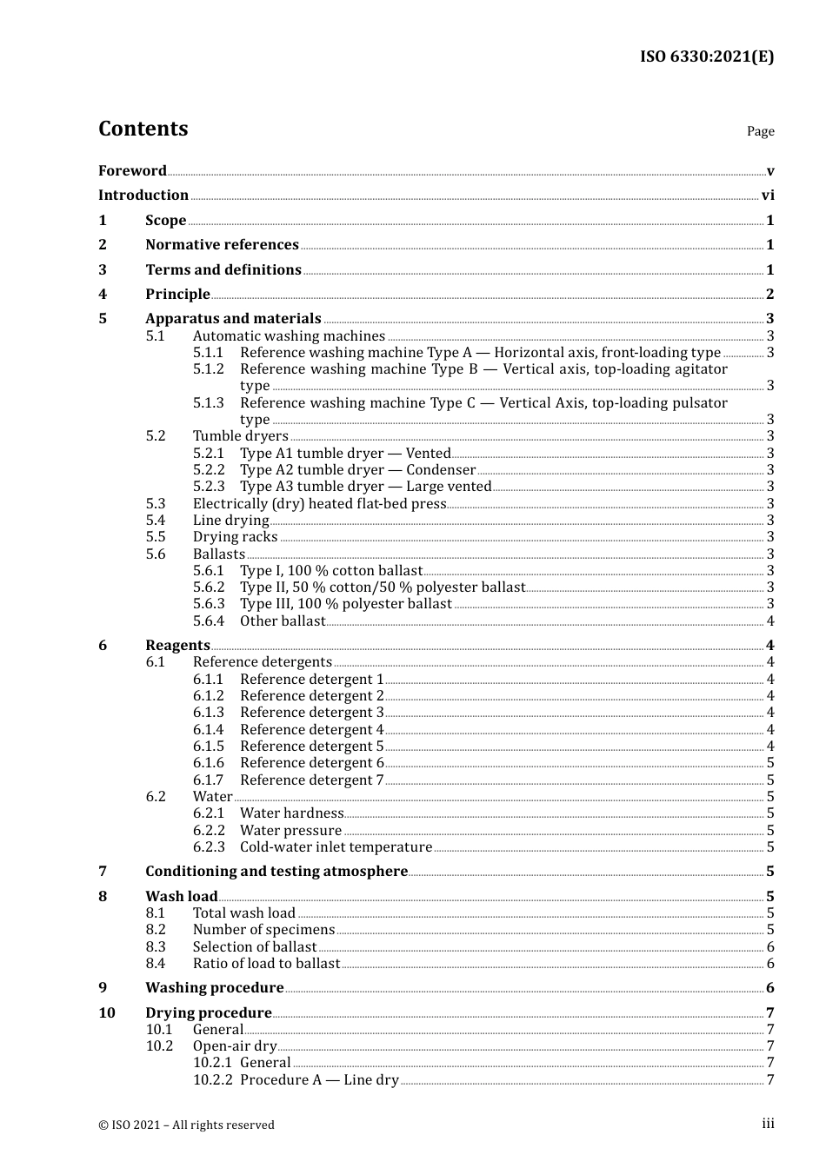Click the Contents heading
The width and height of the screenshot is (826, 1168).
[143, 129]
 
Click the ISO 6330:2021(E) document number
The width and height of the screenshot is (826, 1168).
[706, 56]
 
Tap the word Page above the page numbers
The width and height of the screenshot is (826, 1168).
[760, 131]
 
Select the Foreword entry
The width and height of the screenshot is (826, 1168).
[132, 170]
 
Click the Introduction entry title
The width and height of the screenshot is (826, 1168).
[143, 195]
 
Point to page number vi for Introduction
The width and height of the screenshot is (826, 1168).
[768, 195]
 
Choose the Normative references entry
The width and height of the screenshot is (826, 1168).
[222, 244]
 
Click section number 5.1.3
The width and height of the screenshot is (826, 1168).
[208, 402]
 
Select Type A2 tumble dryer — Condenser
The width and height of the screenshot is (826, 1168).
[357, 469]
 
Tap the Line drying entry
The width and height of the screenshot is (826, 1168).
[230, 520]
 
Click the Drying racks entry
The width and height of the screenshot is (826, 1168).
[235, 536]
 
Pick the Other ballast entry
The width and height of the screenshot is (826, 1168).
[283, 620]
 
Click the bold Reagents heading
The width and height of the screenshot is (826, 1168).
[177, 645]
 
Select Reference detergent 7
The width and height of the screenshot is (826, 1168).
[311, 780]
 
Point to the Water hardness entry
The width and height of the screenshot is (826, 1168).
[291, 813]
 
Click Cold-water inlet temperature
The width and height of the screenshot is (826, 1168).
[336, 846]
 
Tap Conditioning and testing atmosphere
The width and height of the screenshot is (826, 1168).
[276, 871]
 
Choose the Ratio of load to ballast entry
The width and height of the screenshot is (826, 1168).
[266, 963]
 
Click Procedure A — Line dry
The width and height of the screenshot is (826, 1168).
[319, 1079]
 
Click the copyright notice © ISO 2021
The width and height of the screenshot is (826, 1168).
[186, 1125]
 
